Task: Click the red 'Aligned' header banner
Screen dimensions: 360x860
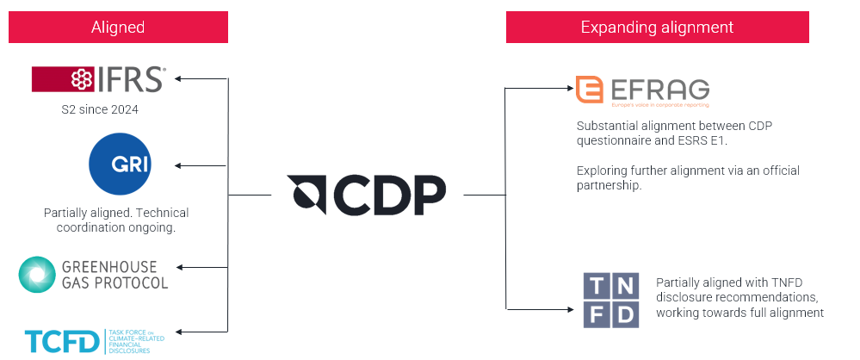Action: [x=118, y=28]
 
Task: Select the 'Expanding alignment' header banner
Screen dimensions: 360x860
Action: [x=657, y=28]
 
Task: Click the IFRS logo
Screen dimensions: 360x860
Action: [x=98, y=80]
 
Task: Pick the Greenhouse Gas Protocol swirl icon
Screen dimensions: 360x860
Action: [x=37, y=274]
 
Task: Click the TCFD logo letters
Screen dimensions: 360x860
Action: [x=61, y=342]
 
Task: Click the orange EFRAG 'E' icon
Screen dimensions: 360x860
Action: [x=590, y=89]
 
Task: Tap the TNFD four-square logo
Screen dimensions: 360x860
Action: [x=611, y=299]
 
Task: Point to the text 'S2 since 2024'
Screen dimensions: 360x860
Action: [x=98, y=110]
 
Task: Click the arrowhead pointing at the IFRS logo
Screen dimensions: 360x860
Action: [x=179, y=79]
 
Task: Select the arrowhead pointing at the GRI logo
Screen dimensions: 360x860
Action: [x=179, y=165]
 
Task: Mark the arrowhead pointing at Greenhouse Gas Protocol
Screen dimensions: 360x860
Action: [x=179, y=267]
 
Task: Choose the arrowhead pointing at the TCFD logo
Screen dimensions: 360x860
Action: [x=179, y=331]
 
